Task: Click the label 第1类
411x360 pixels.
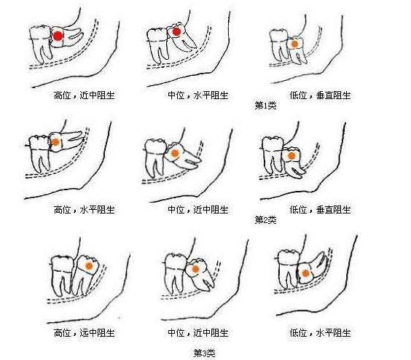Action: point(265,106)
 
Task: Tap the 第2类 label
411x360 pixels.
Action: point(265,220)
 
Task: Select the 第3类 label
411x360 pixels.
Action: point(205,353)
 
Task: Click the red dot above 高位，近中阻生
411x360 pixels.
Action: point(58,36)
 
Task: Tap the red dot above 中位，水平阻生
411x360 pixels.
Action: point(176,32)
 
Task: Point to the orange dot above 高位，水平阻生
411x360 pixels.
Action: point(55,142)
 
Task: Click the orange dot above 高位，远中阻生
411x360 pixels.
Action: point(89,266)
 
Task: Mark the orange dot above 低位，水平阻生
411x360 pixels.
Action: point(305,273)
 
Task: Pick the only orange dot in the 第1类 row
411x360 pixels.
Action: point(294,44)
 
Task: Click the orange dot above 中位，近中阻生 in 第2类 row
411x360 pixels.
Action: point(175,153)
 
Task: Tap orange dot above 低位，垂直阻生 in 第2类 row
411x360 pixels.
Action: point(291,156)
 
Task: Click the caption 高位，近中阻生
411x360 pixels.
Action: point(85,95)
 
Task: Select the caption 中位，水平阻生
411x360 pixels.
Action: point(198,95)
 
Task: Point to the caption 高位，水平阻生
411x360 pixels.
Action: point(85,210)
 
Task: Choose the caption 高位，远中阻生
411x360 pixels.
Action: point(85,333)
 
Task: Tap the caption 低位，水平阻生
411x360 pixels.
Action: point(321,333)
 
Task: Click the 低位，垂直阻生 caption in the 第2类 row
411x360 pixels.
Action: point(321,210)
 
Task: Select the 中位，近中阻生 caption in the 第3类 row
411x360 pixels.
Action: point(198,333)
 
